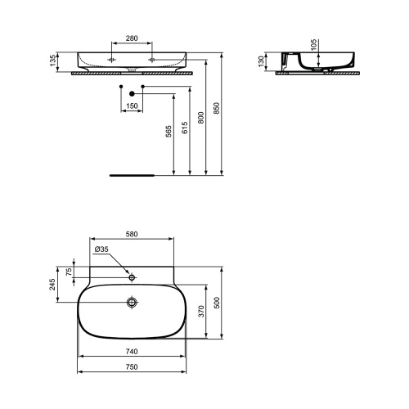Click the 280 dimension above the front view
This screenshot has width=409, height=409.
click(131, 38)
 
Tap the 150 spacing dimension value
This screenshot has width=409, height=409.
click(131, 106)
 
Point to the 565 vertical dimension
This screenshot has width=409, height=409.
click(169, 134)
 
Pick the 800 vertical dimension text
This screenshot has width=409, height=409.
click(200, 119)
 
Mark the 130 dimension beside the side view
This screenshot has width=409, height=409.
click(262, 61)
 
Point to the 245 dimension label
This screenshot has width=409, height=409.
click(53, 284)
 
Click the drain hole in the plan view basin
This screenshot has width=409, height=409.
click(131, 303)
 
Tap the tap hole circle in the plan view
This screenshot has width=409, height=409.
click(131, 275)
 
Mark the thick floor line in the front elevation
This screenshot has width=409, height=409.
click(131, 174)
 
